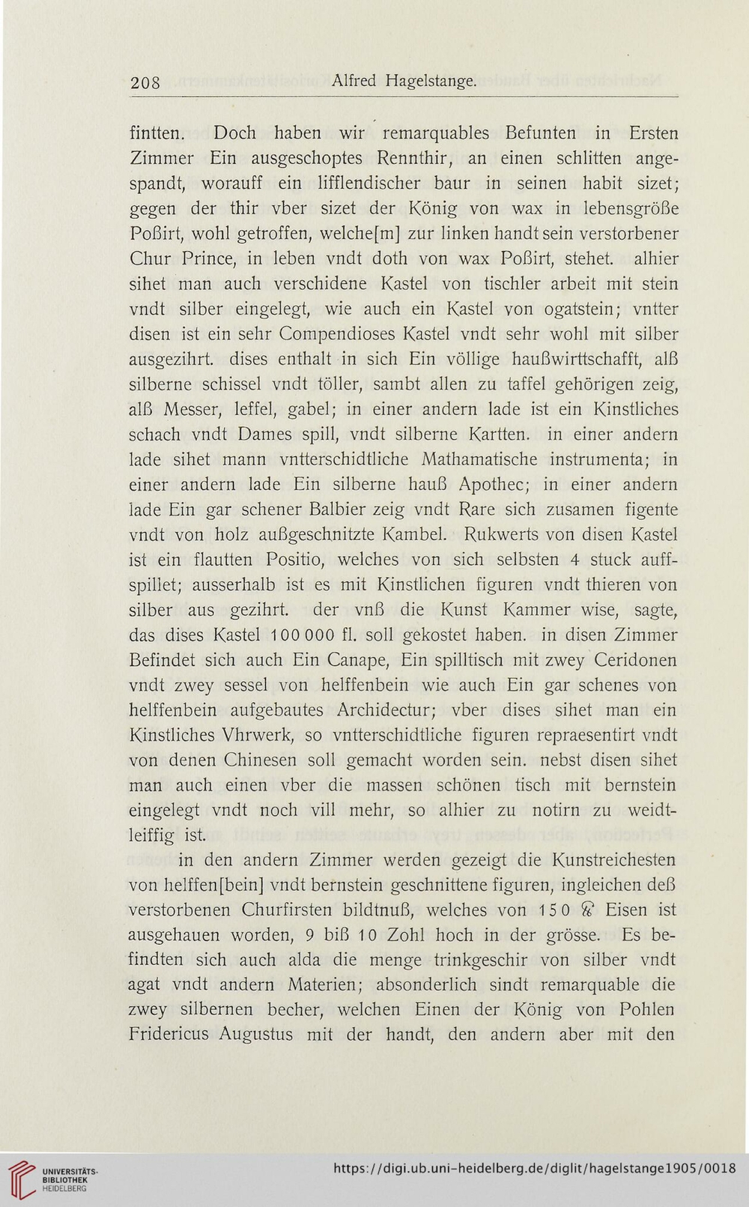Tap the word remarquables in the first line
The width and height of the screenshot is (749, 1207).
coord(446,133)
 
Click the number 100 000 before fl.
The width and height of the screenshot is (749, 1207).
coord(288,636)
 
